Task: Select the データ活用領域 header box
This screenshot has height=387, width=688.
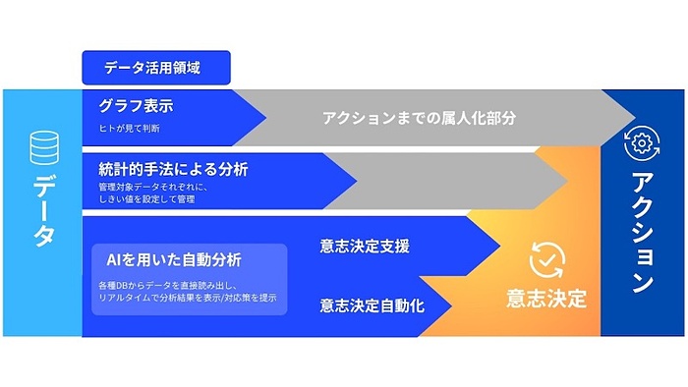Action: click(x=155, y=69)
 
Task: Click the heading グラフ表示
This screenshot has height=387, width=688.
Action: click(x=137, y=105)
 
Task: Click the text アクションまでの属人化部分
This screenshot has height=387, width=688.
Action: click(x=419, y=118)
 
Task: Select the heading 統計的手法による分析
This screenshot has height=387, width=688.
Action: click(x=173, y=168)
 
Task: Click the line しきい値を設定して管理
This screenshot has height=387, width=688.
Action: click(x=146, y=199)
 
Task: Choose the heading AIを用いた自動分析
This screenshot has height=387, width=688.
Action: click(x=173, y=260)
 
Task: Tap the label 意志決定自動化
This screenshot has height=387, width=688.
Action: click(x=372, y=305)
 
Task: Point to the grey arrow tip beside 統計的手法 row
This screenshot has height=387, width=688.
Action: click(x=556, y=181)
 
